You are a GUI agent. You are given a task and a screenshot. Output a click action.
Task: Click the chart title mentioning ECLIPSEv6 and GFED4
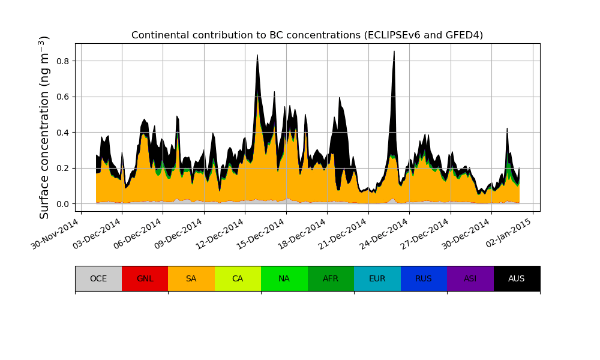pos(307,35)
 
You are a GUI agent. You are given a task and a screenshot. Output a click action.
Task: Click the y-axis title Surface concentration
pos(44,127)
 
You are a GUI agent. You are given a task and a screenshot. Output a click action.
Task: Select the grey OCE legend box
pos(98,278)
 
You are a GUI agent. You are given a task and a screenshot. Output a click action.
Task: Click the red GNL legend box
pos(145,278)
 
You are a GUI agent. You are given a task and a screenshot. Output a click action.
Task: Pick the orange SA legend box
pos(191,278)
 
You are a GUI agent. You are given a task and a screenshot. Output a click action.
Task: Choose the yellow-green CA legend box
pos(238,278)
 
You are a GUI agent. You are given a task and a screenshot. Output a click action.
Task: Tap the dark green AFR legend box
pos(331,278)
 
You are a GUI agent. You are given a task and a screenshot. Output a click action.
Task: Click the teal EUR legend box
pos(377,278)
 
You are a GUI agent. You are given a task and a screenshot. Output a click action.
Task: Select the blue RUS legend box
pos(424,278)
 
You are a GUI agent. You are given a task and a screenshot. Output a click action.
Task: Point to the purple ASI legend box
pos(470,278)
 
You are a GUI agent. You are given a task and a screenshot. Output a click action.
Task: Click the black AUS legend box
pos(517,278)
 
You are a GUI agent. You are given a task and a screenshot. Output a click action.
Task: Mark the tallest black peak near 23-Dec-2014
pos(394,53)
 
